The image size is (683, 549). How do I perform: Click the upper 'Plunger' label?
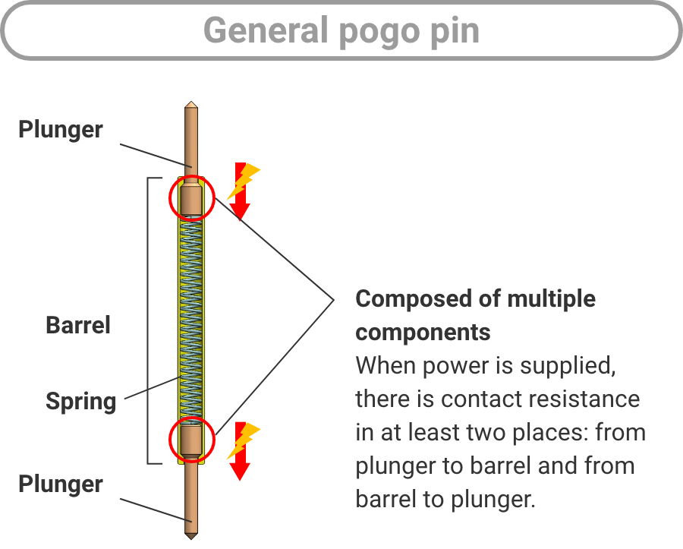click(61, 129)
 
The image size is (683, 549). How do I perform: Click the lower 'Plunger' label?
click(61, 484)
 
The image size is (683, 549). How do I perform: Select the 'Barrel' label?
click(78, 325)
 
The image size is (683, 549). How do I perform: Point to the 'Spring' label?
click(80, 400)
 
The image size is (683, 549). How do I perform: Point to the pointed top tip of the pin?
click(192, 105)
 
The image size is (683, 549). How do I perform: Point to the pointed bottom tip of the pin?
click(192, 535)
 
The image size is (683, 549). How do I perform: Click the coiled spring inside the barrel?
click(192, 319)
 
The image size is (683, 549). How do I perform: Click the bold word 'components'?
click(423, 332)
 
